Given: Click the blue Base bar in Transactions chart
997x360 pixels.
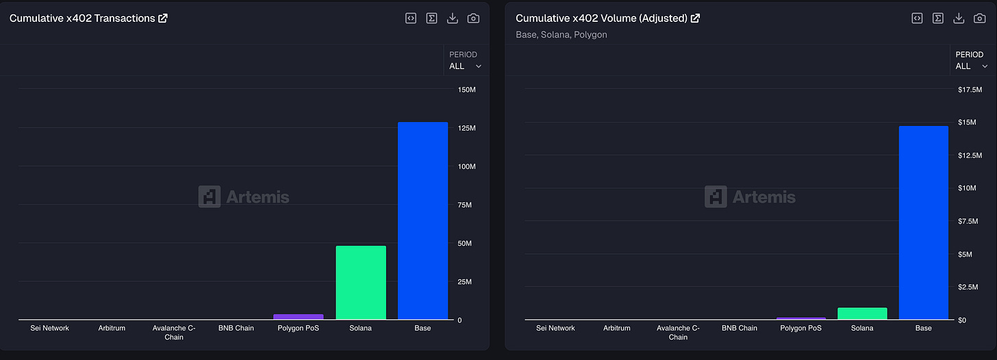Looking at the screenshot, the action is coord(423,220).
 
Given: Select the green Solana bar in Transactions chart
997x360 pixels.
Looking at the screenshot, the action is coord(361,282).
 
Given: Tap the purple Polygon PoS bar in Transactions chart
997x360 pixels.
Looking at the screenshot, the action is coord(299,316).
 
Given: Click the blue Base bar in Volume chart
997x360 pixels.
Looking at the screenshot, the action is coord(924,222).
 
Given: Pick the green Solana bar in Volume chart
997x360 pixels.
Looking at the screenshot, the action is coord(862,313).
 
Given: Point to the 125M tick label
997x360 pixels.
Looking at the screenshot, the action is coord(467,128).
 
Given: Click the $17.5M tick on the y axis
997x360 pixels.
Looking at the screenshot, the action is coord(970,90).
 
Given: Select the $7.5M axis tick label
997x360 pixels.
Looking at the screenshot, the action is coord(968,221).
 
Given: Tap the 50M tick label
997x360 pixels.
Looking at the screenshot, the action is coord(465,244).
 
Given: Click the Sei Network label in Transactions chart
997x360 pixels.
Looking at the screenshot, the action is coord(49,328).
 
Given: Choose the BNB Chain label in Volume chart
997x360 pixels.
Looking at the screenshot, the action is coord(740,328).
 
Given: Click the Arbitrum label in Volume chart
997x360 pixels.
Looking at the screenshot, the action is coord(616,328).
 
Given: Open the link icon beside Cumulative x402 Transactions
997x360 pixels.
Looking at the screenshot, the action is coord(163,18).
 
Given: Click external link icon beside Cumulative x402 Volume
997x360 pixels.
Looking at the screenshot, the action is coord(695,18).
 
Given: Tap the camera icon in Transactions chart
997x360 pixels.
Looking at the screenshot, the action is coord(473,18).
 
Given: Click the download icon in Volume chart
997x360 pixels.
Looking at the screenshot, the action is coord(959,18).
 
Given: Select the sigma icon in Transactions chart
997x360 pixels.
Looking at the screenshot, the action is coord(431,18).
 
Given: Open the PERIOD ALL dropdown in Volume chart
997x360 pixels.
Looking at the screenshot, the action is coord(972,60).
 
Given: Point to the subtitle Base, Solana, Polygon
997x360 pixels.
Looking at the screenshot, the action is coord(561,35).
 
